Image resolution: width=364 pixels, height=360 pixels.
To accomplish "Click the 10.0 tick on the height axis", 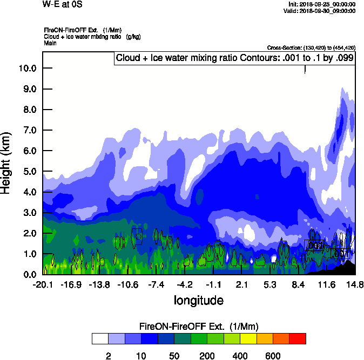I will coord(26,68).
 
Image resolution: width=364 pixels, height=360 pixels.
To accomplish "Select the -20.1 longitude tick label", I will coord(43,284).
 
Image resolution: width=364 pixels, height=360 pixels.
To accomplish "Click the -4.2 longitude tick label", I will coord(185,284).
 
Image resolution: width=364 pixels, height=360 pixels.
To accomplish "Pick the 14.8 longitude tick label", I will coord(355,284).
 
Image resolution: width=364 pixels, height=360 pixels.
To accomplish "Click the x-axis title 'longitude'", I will coord(198,300).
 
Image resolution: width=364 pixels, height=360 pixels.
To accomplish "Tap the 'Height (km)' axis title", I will coord(7,163).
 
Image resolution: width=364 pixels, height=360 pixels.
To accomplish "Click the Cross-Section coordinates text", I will coord(311,47).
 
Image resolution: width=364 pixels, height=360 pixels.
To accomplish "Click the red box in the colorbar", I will coord(298,338).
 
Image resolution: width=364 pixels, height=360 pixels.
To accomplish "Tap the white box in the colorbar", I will coord(100,338).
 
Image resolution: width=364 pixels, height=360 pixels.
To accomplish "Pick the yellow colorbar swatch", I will coord(248,338).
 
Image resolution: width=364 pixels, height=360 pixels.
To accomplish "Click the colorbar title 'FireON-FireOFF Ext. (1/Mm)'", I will coord(199,327).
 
